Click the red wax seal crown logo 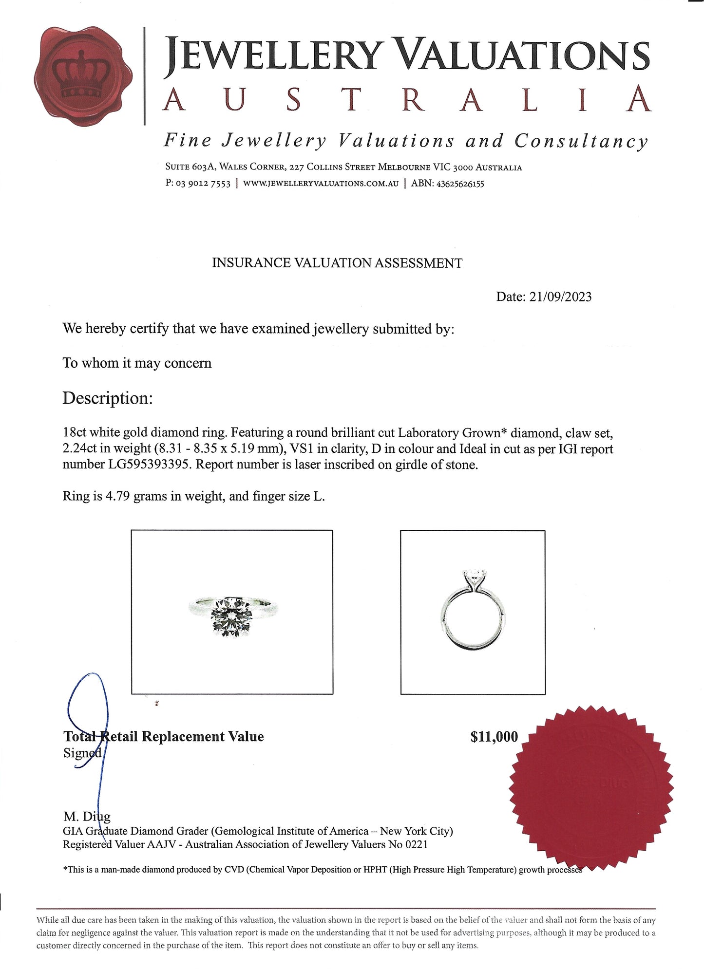click(83, 77)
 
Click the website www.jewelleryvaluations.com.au click(321, 184)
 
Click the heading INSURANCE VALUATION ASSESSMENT click(337, 263)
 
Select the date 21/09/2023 click(560, 297)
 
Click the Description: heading click(108, 398)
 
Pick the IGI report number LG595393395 click(126, 465)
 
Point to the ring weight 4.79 click(117, 497)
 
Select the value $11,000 click(494, 737)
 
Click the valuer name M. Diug click(87, 817)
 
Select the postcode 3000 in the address click(463, 168)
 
